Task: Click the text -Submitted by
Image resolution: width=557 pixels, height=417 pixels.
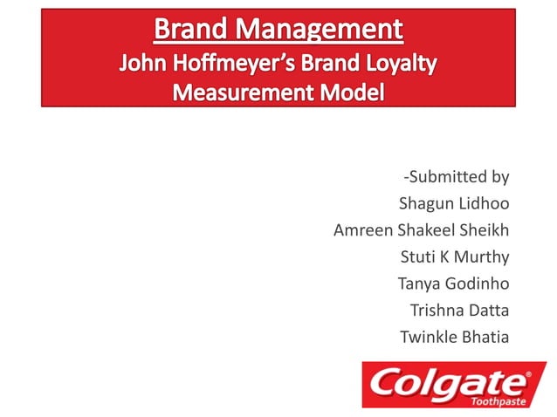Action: pyautogui.click(x=456, y=177)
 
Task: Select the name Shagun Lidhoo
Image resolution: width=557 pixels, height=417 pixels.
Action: pyautogui.click(x=454, y=204)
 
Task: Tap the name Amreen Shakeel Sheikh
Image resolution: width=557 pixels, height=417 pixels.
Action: pyautogui.click(x=422, y=230)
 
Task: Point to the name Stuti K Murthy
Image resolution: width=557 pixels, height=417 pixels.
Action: pyautogui.click(x=455, y=256)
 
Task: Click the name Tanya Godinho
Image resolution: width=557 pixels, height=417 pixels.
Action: pyautogui.click(x=453, y=283)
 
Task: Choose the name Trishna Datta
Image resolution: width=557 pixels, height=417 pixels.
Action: pyautogui.click(x=459, y=309)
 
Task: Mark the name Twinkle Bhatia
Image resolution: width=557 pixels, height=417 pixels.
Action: pyautogui.click(x=454, y=336)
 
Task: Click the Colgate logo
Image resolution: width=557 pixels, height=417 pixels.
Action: pyautogui.click(x=453, y=384)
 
